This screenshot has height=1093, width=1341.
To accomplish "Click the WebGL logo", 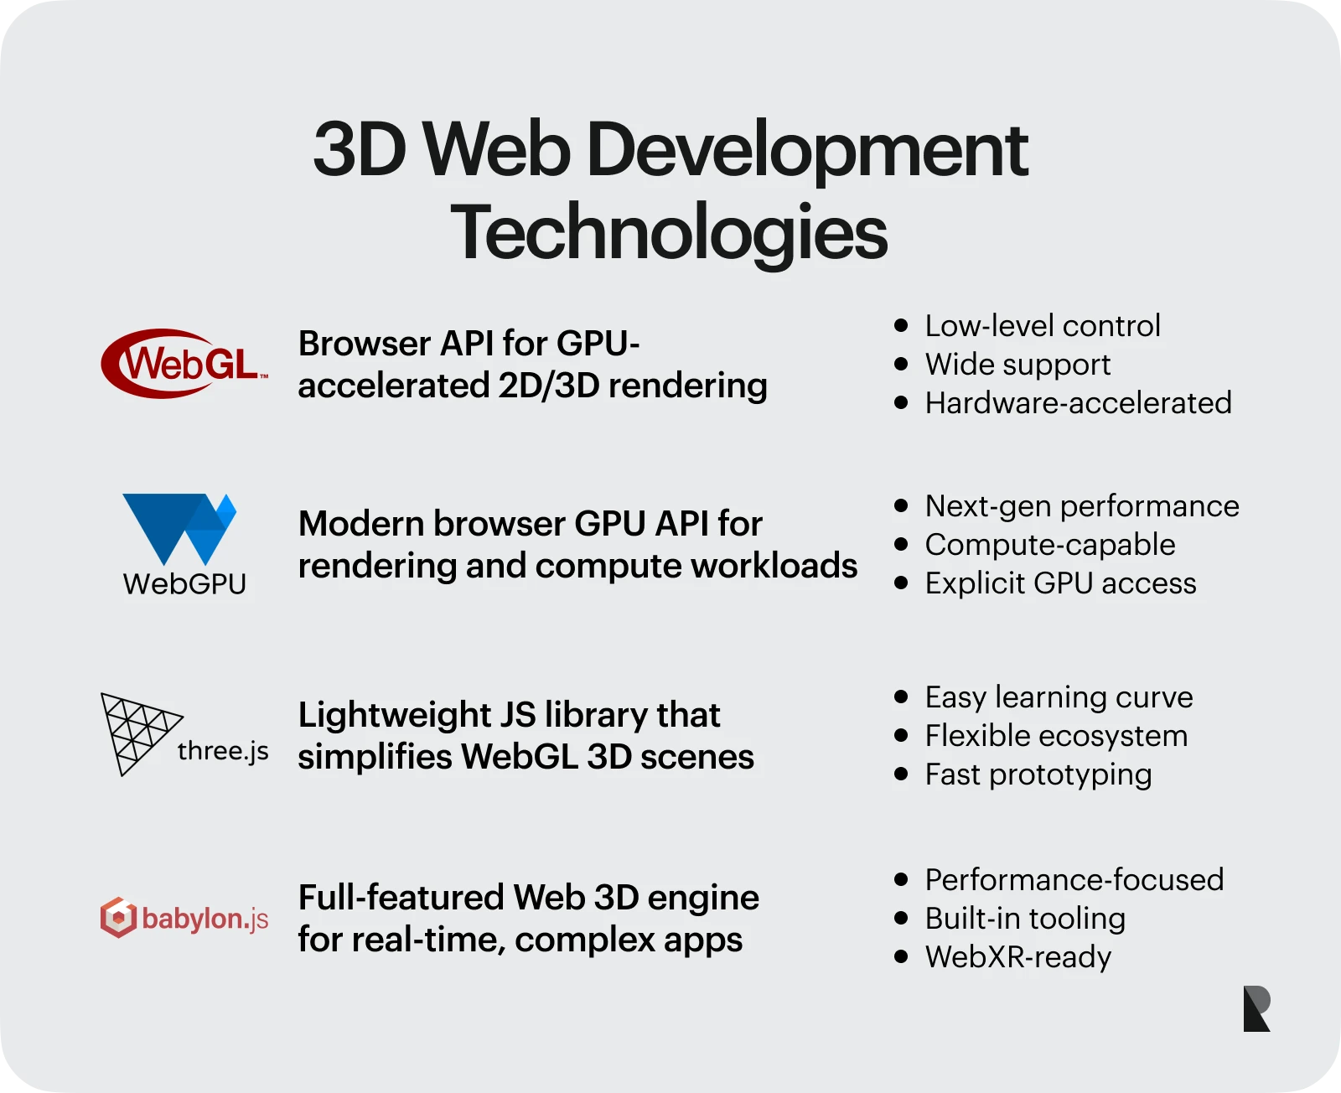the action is click(184, 363).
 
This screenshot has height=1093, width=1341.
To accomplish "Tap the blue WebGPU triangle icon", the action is click(179, 529).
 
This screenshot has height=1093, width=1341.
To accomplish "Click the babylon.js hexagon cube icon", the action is click(118, 917).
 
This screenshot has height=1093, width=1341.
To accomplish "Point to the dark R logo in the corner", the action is click(1256, 1008).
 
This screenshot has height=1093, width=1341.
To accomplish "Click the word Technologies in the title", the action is click(669, 232).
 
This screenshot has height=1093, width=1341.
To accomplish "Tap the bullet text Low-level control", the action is click(1043, 325).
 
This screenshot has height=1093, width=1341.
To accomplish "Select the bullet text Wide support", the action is click(1017, 365).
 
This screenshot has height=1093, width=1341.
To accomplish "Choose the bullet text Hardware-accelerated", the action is click(1078, 403).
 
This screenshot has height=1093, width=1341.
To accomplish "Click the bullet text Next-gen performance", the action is click(1082, 506).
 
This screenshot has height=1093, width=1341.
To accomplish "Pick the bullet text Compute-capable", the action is click(1050, 545).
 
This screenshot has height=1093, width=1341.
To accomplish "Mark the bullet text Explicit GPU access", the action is click(1061, 583).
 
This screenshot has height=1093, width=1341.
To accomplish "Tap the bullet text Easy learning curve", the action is click(1059, 697).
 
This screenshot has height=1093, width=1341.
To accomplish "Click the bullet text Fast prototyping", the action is click(1038, 775).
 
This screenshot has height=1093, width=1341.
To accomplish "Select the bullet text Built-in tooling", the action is click(1025, 919).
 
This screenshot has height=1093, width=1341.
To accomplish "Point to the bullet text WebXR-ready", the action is click(1018, 957).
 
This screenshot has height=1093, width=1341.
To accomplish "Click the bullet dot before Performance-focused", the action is click(901, 879).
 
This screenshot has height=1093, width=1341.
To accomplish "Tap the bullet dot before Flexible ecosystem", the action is click(901, 735).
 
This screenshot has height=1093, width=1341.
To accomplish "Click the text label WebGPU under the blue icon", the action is click(184, 584).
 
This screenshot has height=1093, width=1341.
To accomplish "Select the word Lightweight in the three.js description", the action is click(395, 716).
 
